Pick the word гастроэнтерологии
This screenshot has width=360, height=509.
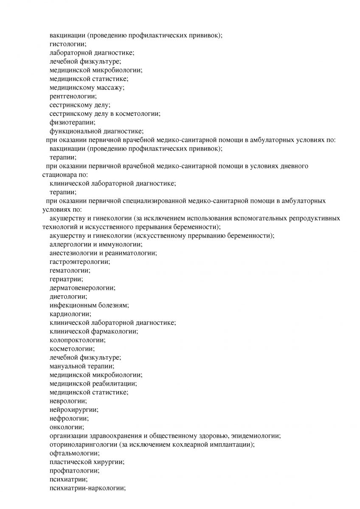pyautogui.click(x=79, y=262)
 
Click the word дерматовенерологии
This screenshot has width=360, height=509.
pyautogui.click(x=82, y=288)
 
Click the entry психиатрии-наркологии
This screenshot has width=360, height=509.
pyautogui.click(x=87, y=488)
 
